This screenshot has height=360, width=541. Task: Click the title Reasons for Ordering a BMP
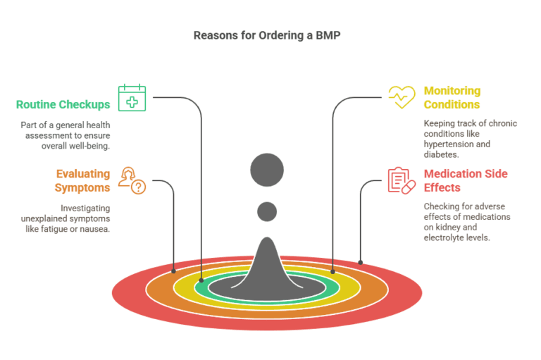[270, 35]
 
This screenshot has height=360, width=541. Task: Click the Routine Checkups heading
[63, 105]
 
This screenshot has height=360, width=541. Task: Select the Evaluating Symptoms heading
[82, 180]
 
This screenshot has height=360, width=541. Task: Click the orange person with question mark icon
[132, 180]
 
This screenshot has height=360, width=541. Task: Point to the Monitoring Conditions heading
[452, 98]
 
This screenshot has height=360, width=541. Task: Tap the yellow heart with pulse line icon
[402, 97]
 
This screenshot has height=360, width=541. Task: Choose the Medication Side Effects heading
[466, 180]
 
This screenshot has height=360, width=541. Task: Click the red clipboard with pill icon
[402, 180]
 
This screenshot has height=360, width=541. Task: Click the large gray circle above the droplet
[267, 170]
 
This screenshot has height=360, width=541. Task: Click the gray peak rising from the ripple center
[267, 264]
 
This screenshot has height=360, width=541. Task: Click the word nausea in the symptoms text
[96, 230]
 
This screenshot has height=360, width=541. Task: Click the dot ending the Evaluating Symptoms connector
[174, 270]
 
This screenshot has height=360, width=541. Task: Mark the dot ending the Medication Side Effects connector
[361, 262]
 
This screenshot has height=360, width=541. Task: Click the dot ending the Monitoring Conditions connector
[332, 270]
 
